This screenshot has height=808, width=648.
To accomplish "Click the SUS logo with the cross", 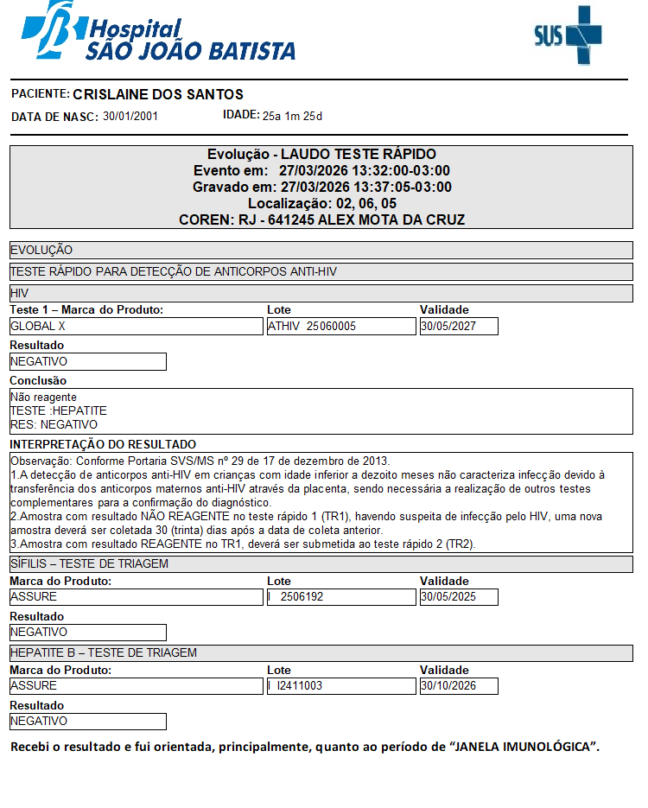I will click(568, 35).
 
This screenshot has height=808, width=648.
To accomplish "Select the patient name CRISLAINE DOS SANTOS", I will click(158, 94).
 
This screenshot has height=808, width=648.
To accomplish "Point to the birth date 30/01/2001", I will click(130, 116).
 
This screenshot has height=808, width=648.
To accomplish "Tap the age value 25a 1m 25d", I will click(292, 116).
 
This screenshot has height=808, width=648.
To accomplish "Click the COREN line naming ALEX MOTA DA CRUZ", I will click(321, 219).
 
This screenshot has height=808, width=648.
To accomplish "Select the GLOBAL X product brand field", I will click(136, 327).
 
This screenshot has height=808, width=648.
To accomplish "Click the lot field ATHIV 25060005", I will click(340, 327).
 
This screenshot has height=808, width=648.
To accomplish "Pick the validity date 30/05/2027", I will click(458, 327).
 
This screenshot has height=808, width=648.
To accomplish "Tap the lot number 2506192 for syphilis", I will click(340, 597).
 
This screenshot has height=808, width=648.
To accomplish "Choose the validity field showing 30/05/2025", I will click(458, 597).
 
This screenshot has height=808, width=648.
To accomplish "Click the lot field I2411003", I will click(340, 686).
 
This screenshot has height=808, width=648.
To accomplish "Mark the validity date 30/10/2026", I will click(458, 686).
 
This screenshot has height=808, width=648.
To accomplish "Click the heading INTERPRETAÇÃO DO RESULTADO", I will click(103, 444).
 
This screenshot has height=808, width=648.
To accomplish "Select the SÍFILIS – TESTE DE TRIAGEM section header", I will click(89, 563).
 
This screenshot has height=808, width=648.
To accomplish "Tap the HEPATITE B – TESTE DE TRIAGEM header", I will click(104, 652).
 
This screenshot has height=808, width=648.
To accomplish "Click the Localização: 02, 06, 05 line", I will click(321, 203).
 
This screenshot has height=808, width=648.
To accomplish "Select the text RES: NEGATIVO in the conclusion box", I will click(54, 424).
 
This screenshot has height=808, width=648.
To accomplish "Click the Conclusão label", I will click(38, 380).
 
